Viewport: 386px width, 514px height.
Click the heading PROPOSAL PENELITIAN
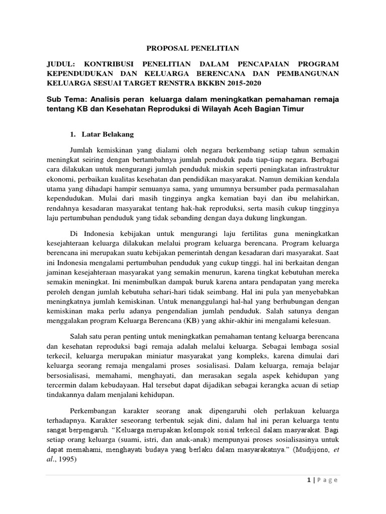click(193, 48)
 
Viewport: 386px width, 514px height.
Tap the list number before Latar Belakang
click(72, 135)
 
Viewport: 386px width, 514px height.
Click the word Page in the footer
click(327, 480)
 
